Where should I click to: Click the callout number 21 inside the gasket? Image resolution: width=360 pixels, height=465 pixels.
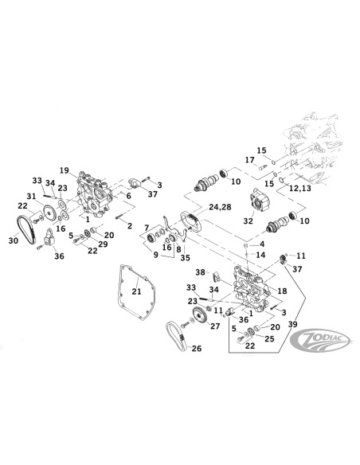[137, 292]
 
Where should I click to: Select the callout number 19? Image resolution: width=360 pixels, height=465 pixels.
[65, 170]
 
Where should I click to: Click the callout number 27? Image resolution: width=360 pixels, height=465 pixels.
[214, 326]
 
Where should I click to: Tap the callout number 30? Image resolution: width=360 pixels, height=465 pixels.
[13, 239]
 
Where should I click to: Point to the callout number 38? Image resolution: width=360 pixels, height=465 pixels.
[201, 272]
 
